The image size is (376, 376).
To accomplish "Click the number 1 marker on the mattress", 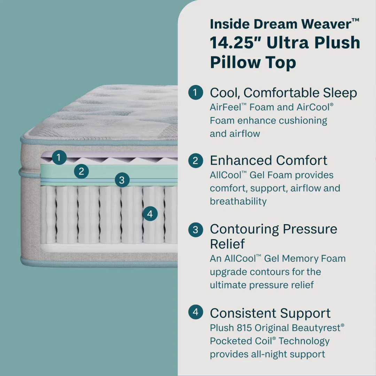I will [x=59, y=157].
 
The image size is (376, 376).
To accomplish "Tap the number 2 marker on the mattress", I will [x=81, y=171].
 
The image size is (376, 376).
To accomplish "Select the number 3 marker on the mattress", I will [x=122, y=180].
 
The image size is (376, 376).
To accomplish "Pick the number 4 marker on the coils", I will [x=150, y=214].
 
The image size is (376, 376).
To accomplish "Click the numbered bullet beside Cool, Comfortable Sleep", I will [x=195, y=93].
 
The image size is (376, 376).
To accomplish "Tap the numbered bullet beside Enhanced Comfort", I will [x=195, y=160].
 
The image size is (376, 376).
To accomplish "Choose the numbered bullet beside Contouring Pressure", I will [x=195, y=229].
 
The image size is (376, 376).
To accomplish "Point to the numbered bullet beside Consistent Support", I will [x=195, y=312].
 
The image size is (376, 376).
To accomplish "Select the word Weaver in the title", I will [x=326, y=24].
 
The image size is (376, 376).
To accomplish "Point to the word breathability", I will [x=238, y=202].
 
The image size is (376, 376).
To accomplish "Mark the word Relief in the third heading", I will [x=227, y=244].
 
